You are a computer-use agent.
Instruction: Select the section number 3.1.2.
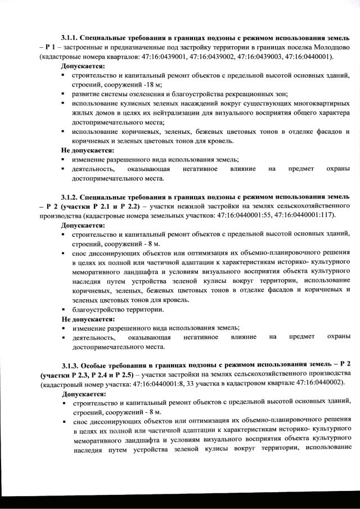coord(71,197)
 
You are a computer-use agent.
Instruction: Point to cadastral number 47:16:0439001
coord(183,57)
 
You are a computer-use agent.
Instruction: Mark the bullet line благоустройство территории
coord(118,309)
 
